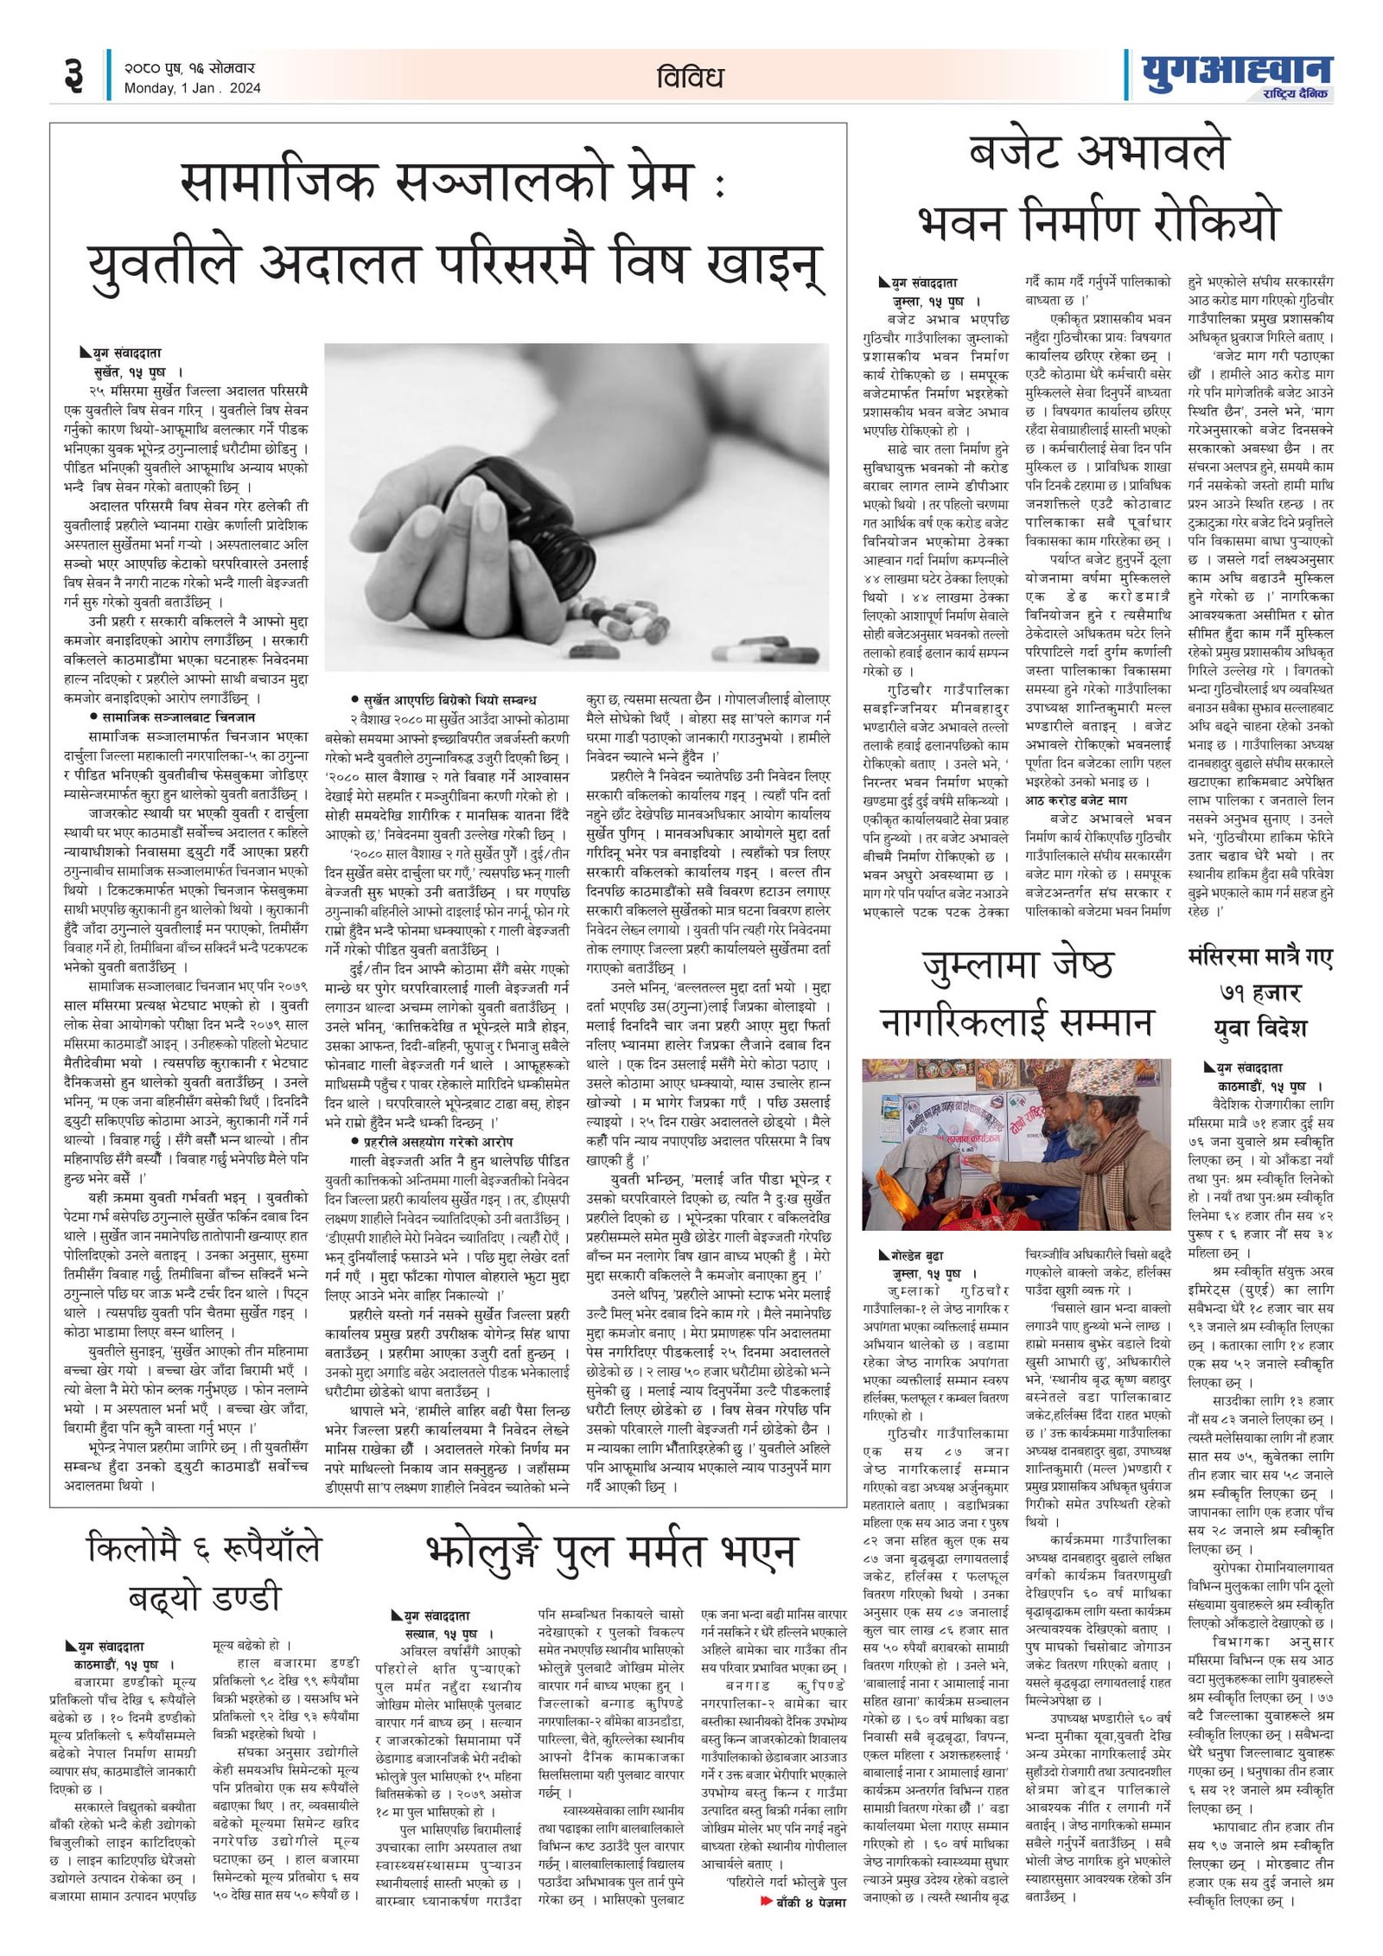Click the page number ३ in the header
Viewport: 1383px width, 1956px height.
pyautogui.click(x=73, y=76)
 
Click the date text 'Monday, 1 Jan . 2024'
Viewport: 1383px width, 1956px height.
pyautogui.click(x=192, y=88)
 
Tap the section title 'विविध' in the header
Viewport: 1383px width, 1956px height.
pyautogui.click(x=689, y=77)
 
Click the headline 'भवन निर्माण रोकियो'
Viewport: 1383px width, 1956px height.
pyautogui.click(x=1097, y=222)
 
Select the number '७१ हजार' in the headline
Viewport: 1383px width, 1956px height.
pyautogui.click(x=1259, y=992)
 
